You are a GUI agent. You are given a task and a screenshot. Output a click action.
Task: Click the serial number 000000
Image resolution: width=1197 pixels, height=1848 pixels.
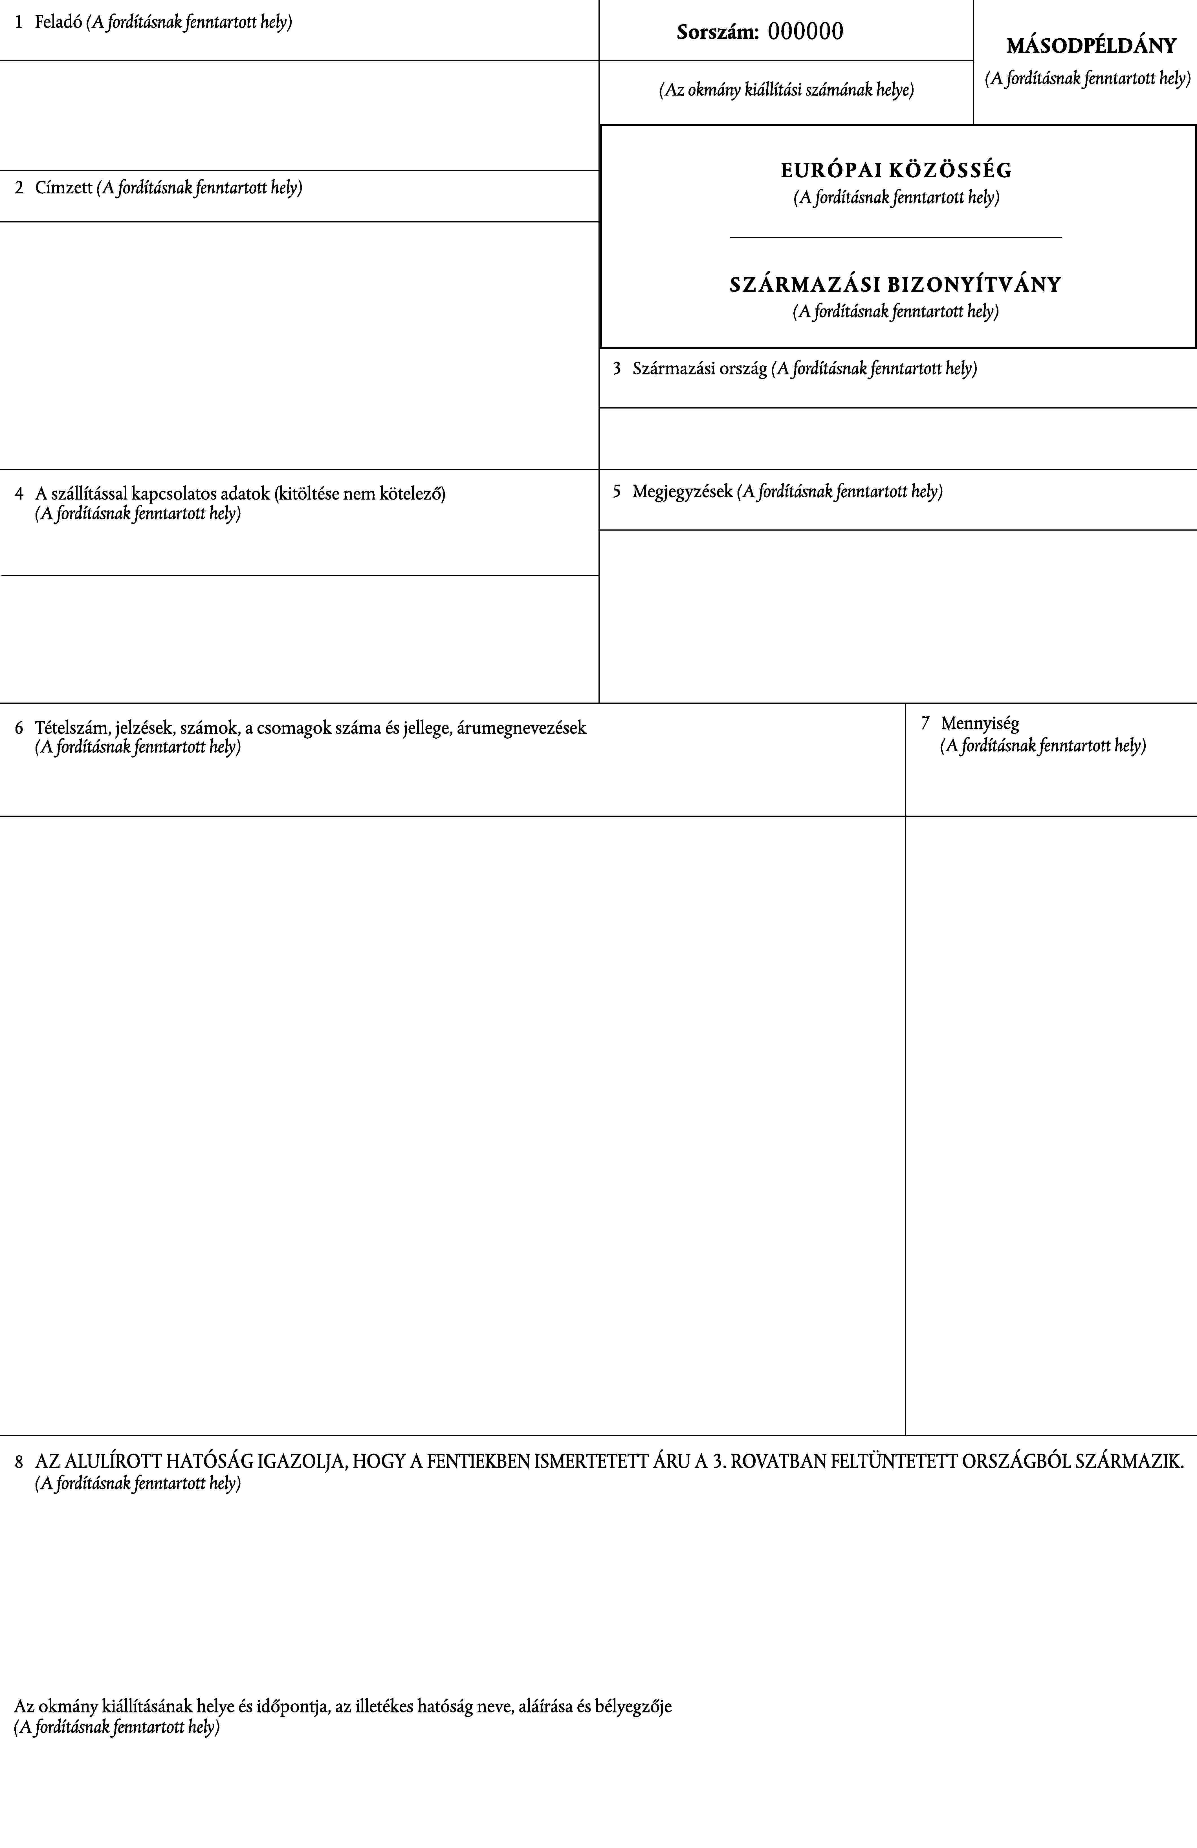806,32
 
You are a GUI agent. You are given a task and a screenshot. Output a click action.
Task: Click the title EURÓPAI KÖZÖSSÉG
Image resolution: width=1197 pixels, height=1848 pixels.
896,170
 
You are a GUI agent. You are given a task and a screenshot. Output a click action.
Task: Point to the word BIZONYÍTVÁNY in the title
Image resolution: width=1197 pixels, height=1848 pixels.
974,285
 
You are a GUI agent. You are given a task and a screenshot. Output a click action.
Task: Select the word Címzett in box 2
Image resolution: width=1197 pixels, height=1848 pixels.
64,188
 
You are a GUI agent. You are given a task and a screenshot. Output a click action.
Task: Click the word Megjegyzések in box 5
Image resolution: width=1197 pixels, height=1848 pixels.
682,491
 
